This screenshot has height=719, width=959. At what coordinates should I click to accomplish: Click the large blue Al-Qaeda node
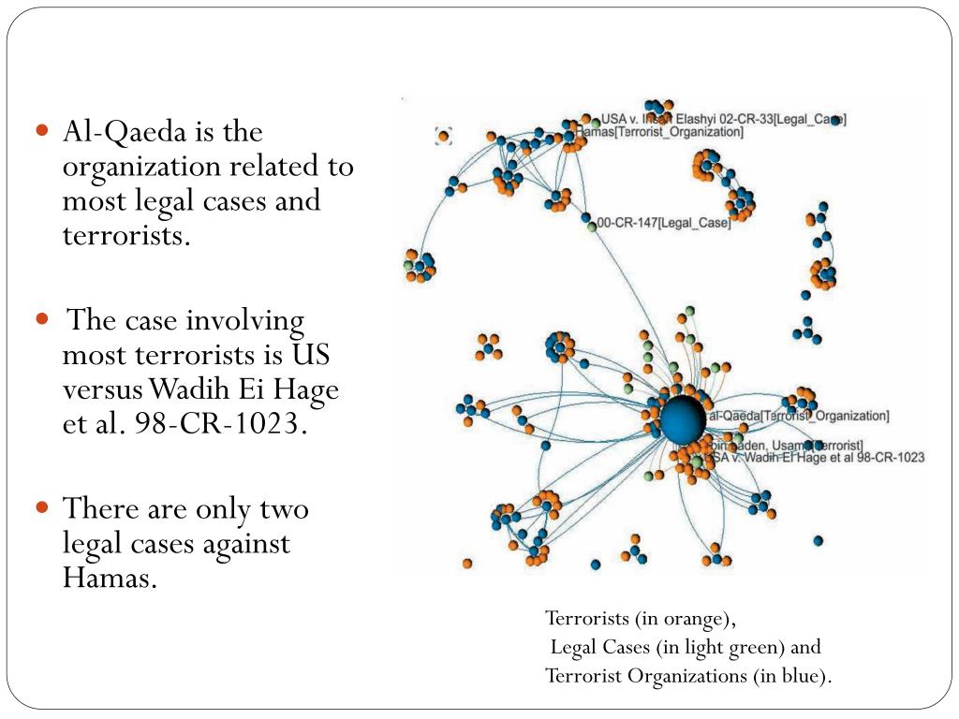pos(682,418)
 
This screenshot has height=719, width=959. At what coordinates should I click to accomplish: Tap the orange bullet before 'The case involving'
pos(42,319)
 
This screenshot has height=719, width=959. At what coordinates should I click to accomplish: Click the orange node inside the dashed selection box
pos(444,137)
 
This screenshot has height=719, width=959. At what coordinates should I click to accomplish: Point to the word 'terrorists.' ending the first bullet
pos(125,235)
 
